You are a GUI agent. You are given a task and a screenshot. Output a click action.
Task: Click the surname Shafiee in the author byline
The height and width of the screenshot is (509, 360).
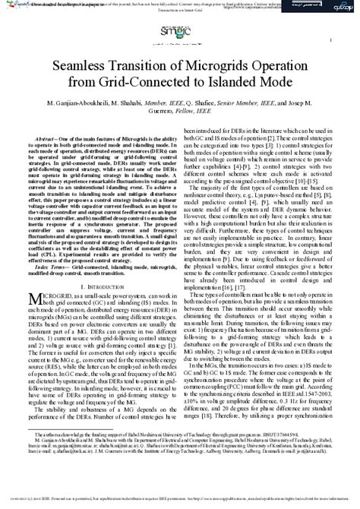coord(202,102)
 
